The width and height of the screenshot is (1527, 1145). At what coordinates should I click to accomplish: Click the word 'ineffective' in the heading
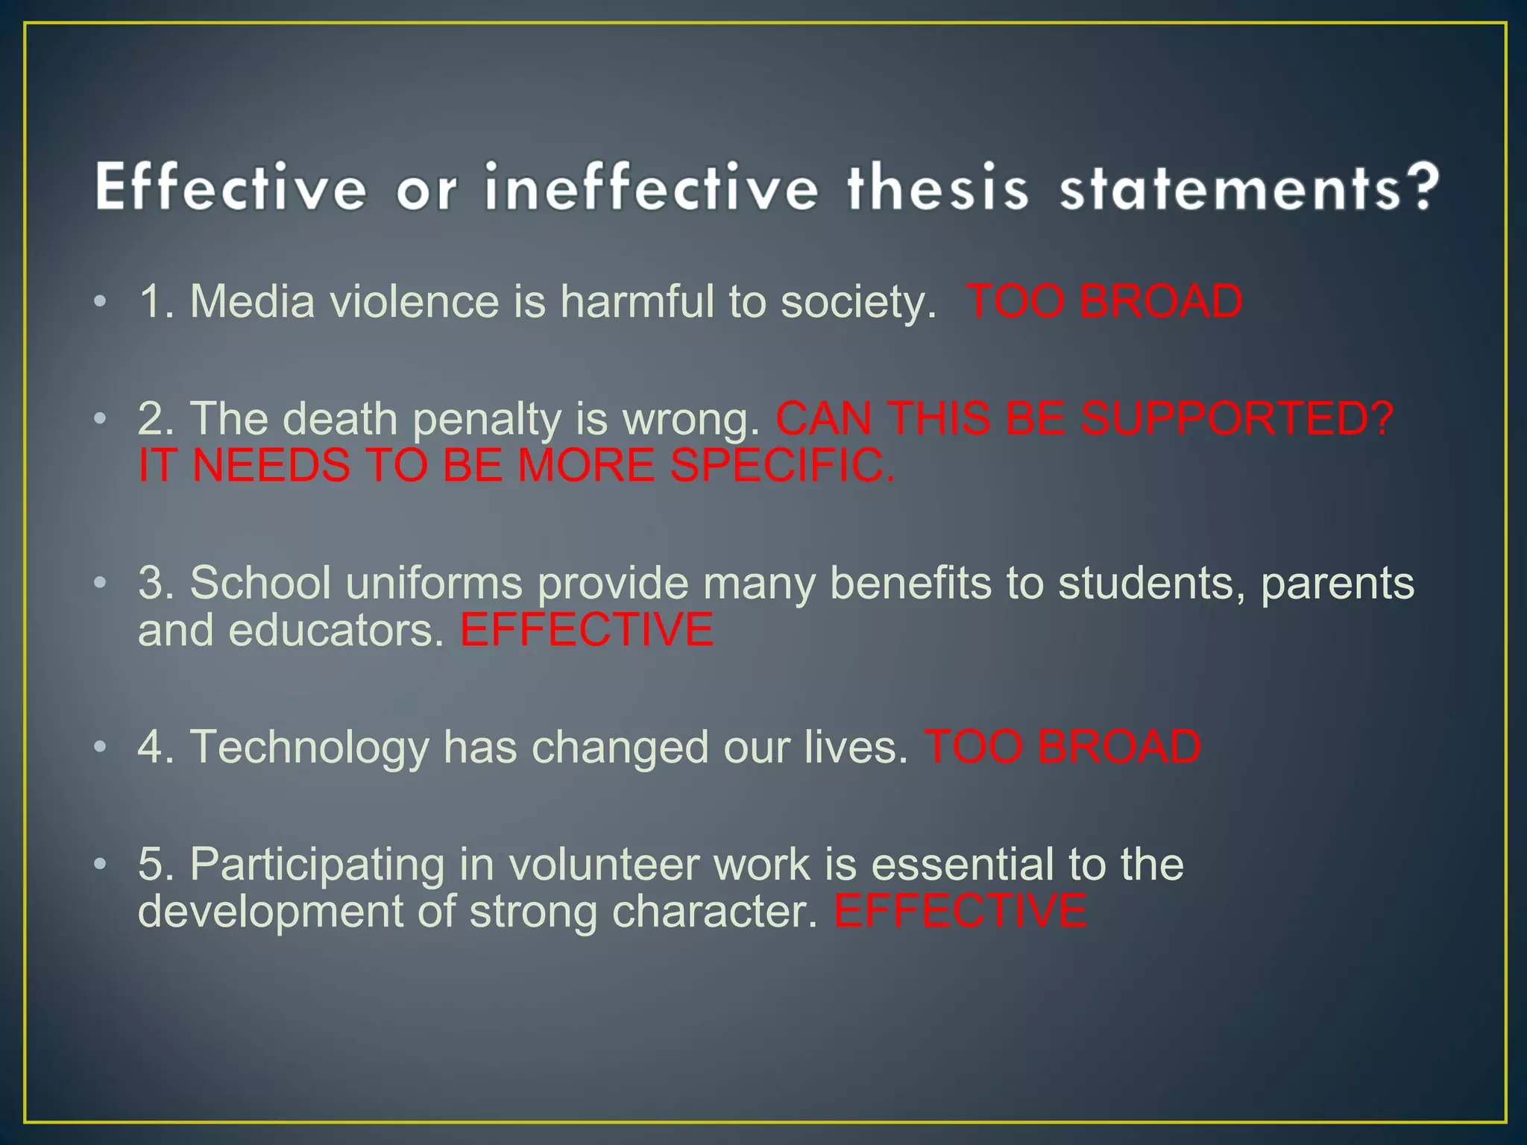651,188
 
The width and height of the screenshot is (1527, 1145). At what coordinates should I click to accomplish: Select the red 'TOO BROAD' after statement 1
1104,302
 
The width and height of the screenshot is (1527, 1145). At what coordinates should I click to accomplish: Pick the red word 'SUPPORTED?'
1238,418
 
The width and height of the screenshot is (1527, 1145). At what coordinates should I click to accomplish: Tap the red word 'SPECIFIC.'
783,465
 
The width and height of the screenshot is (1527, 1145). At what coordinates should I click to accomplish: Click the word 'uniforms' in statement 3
434,583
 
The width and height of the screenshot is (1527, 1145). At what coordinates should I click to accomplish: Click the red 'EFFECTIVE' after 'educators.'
587,630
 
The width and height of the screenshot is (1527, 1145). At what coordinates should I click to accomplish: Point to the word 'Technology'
309,748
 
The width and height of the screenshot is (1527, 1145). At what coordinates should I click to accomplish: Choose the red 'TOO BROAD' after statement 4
1062,747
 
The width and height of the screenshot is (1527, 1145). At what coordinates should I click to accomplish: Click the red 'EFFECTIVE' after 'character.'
960,912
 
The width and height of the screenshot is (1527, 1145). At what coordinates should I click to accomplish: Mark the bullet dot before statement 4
101,746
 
